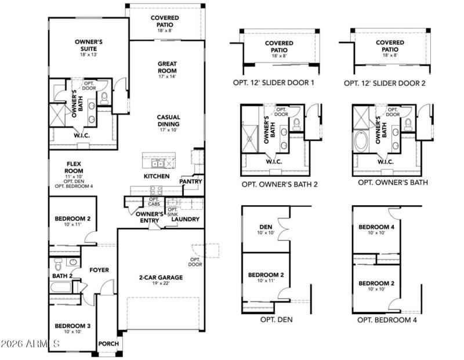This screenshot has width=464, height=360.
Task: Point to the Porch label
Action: pyautogui.click(x=108, y=344)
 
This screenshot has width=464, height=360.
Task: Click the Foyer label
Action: pyautogui.click(x=99, y=270)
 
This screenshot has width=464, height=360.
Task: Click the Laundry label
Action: pyautogui.click(x=186, y=219)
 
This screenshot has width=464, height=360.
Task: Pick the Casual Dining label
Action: pyautogui.click(x=168, y=120)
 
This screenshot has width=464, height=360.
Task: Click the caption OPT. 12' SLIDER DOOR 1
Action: pyautogui.click(x=272, y=83)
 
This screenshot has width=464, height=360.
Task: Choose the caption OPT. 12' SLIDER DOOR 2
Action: pyautogui.click(x=385, y=83)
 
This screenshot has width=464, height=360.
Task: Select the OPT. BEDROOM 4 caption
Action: pyautogui.click(x=387, y=319)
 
